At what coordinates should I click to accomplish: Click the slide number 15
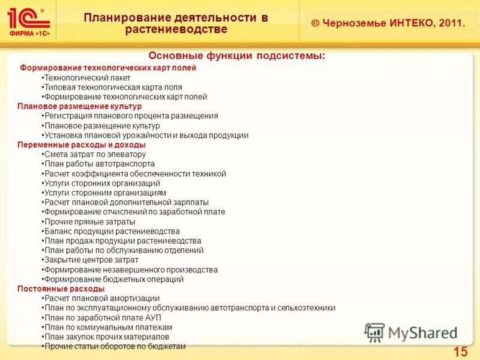click(x=460, y=351)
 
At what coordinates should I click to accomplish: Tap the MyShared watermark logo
click(x=412, y=332)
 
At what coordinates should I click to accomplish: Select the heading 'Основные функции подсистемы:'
click(x=237, y=56)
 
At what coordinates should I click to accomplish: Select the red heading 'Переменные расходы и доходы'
click(x=82, y=145)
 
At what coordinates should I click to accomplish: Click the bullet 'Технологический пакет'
click(x=87, y=77)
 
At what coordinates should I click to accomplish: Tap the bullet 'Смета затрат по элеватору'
click(x=95, y=154)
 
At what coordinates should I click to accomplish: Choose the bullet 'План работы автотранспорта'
click(x=100, y=164)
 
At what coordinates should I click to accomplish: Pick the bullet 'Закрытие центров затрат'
click(x=91, y=260)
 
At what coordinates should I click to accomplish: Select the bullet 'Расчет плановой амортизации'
click(x=102, y=298)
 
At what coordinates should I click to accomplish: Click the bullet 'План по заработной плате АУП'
click(x=103, y=317)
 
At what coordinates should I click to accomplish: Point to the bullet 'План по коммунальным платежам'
click(x=108, y=327)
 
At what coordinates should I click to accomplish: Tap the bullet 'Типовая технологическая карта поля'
click(x=113, y=87)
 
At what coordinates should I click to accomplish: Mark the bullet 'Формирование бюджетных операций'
click(x=114, y=279)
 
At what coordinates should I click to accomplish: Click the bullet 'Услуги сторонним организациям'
click(x=105, y=193)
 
